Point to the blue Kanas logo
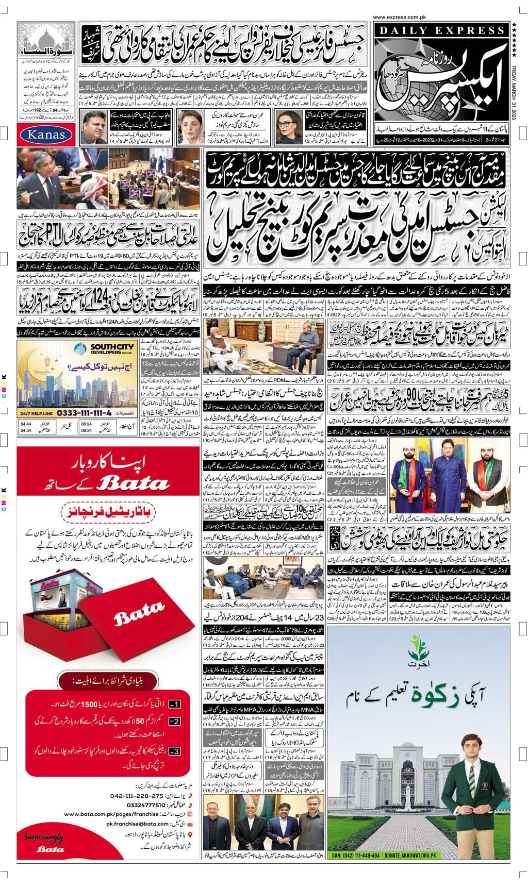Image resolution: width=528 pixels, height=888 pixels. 44,135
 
